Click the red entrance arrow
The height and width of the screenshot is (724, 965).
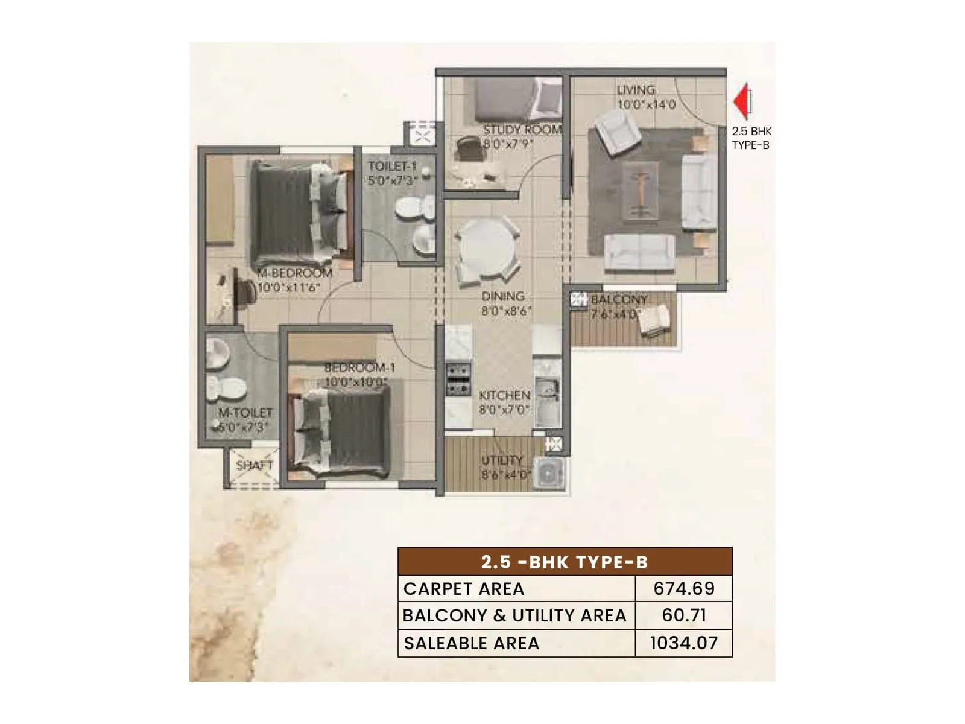tap(741, 101)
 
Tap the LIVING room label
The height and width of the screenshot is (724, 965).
tap(636, 90)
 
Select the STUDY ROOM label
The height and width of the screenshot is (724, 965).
tap(522, 130)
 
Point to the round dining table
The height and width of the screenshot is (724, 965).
tap(487, 247)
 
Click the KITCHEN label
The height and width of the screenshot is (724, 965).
tap(505, 395)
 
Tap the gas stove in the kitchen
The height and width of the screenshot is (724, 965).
tap(458, 379)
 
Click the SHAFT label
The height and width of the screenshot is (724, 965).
tap(255, 465)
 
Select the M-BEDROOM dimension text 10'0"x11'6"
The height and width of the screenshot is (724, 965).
tap(288, 288)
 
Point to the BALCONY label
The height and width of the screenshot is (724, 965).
tap(619, 299)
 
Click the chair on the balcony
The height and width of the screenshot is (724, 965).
tap(655, 320)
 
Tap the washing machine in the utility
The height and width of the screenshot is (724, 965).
tap(549, 472)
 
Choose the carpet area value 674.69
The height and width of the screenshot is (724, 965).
tap(684, 588)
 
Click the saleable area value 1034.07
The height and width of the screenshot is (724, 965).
tap(684, 643)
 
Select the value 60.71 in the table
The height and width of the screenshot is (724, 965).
tap(684, 615)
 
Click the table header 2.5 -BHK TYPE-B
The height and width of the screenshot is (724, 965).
tap(565, 562)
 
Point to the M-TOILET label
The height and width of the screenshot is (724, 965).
tap(245, 413)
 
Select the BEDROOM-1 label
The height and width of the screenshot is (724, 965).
tap(360, 367)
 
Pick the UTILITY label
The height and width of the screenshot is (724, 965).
tap(502, 460)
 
